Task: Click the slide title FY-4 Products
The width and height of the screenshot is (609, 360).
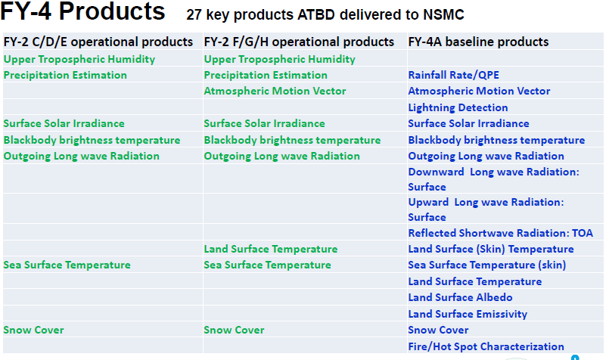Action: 82,11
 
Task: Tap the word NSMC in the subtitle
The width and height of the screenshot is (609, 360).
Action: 443,15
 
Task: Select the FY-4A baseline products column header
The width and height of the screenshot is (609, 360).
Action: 478,42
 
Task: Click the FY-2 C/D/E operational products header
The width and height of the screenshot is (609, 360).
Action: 98,42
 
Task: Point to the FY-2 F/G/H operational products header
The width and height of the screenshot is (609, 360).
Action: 299,42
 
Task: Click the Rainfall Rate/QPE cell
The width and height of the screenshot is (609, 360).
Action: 453,75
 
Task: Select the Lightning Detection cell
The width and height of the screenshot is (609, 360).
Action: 458,107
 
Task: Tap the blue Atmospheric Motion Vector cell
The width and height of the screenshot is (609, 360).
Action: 479,91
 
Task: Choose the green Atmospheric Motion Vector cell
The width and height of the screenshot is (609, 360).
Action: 275,91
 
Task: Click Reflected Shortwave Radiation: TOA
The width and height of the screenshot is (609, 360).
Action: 500,233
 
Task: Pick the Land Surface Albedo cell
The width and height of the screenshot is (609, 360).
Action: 460,297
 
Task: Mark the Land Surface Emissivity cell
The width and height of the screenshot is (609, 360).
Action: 468,314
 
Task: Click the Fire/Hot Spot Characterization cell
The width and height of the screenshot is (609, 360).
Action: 486,346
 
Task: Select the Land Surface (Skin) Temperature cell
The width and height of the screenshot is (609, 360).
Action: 490,249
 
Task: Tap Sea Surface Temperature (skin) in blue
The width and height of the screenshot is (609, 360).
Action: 486,265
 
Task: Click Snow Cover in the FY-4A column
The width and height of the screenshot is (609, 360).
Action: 438,330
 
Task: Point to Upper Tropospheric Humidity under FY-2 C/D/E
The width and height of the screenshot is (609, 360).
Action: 79,60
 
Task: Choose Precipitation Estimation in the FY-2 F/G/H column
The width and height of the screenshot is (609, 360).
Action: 266,75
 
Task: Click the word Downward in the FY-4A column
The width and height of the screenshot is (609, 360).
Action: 436,172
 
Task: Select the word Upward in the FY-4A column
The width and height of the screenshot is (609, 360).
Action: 428,203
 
